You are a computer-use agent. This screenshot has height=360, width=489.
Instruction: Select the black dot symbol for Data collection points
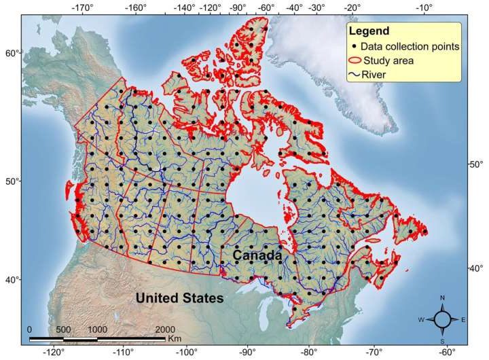[x=355, y=46]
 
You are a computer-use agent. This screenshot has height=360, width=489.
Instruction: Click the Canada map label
[x=257, y=255]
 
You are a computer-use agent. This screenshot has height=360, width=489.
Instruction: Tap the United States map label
[x=179, y=298]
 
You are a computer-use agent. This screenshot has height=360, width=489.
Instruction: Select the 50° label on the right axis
[x=476, y=165]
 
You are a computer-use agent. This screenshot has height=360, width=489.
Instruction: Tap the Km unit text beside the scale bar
[x=174, y=338]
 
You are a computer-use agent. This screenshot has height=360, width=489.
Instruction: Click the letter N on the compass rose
[x=442, y=298]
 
